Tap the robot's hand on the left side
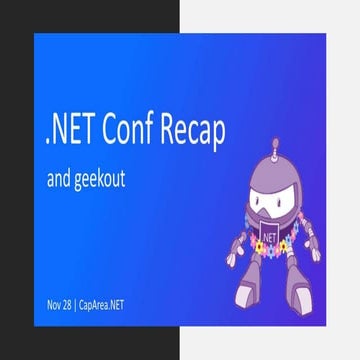click(x=232, y=253)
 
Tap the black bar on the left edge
click(x=16, y=180)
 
